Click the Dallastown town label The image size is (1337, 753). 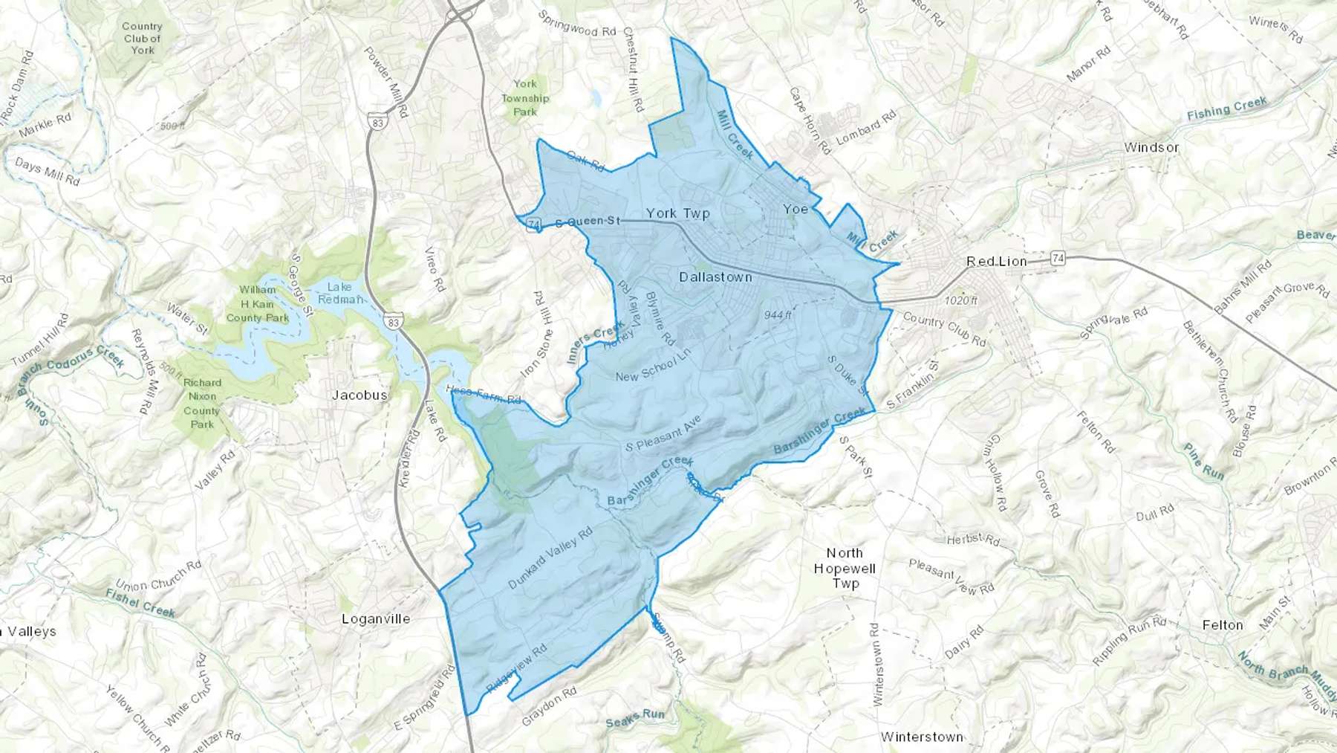pos(715,277)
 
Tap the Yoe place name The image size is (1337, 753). pos(796,209)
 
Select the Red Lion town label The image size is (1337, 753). pos(996,262)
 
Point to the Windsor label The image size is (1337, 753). pos(1151,147)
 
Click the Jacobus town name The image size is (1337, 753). pos(360,395)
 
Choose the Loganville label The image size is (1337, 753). pos(375,618)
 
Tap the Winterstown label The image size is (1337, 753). pos(922,737)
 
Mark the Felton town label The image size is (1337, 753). pos(1222,625)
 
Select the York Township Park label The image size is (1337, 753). pos(525,97)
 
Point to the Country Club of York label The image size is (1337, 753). pos(142,38)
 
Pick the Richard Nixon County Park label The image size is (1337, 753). pos(202,404)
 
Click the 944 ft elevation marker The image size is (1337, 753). pos(778,315)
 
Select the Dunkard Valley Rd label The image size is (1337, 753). pos(550,558)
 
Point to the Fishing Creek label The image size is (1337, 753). pos(1226,109)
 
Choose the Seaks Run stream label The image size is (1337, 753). pos(635,719)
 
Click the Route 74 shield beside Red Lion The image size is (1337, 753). pos(1058,259)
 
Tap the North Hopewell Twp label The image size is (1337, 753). pos(845,568)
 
